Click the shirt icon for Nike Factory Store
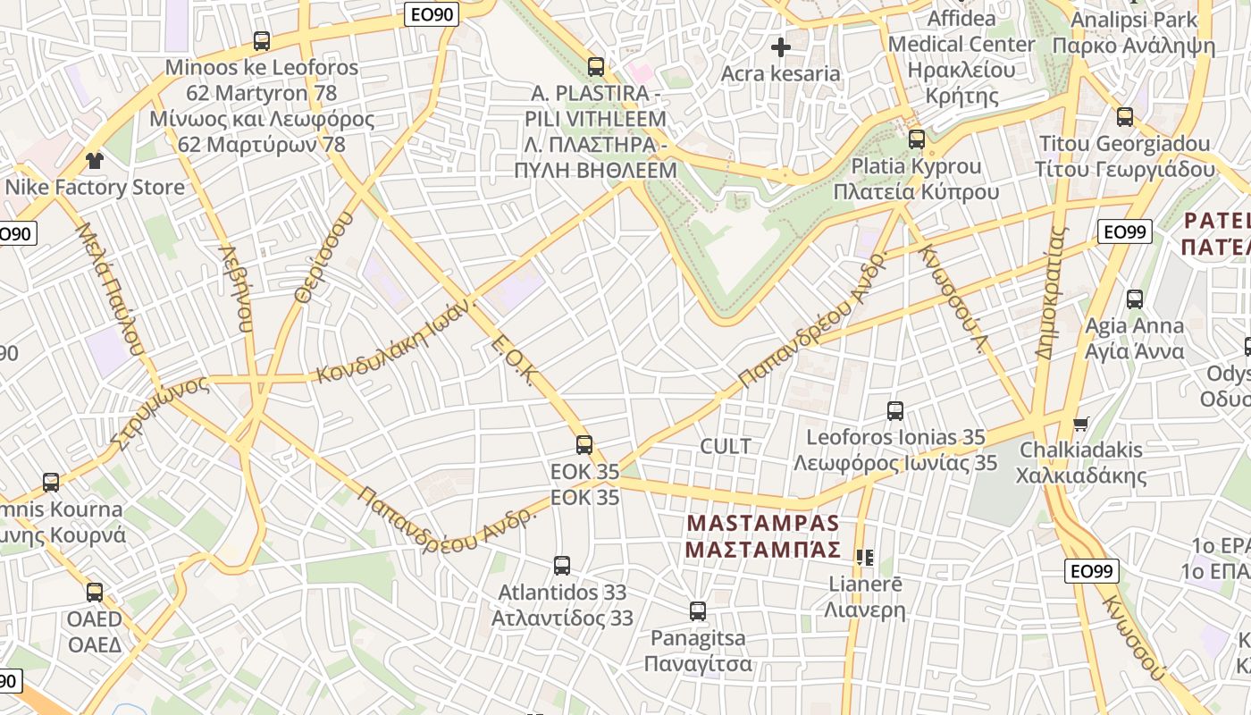click(94, 161)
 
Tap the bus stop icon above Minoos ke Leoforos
click(261, 40)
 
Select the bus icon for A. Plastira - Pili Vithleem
click(596, 66)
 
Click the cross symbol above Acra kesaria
click(781, 46)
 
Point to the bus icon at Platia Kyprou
click(917, 139)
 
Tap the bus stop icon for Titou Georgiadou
click(1125, 116)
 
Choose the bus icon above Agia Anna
click(1135, 299)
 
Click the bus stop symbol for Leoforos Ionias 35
click(895, 410)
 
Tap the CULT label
click(726, 446)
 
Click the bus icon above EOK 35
click(584, 444)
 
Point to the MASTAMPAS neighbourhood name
click(763, 534)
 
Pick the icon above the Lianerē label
click(864, 558)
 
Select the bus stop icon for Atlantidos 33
click(562, 565)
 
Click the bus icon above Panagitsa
click(698, 611)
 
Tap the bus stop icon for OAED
click(95, 592)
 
